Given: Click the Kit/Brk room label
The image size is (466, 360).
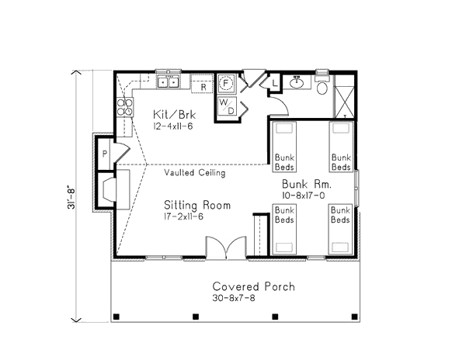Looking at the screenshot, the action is pos(175,114).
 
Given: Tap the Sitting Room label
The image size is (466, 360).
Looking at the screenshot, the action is pos(197,205).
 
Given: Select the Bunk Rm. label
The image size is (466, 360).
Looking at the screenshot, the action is pos(307,184).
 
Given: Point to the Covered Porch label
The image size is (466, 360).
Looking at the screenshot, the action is pos(254,286).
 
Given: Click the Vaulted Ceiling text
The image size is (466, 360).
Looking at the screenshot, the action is pos(195,172).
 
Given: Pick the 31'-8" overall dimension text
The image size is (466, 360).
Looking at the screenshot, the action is pos(71,197).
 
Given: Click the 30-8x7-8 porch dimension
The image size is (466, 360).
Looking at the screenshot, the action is pos(234,298).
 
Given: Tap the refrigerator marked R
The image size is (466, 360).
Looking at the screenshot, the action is pos(202,84).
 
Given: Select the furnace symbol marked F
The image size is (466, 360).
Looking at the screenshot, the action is pos(226,83).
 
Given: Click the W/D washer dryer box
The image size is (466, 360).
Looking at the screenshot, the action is pos(227,106).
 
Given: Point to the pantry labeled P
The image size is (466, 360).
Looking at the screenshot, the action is pos(104,154).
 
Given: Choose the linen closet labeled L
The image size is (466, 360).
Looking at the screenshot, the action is pos(275,83).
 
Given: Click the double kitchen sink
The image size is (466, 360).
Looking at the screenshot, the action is pos(169,81).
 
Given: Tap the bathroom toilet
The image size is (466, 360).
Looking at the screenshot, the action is pos(322,85).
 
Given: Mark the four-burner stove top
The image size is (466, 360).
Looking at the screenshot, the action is pos(125,107).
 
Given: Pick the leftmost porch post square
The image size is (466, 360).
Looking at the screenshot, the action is pos(116,317).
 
